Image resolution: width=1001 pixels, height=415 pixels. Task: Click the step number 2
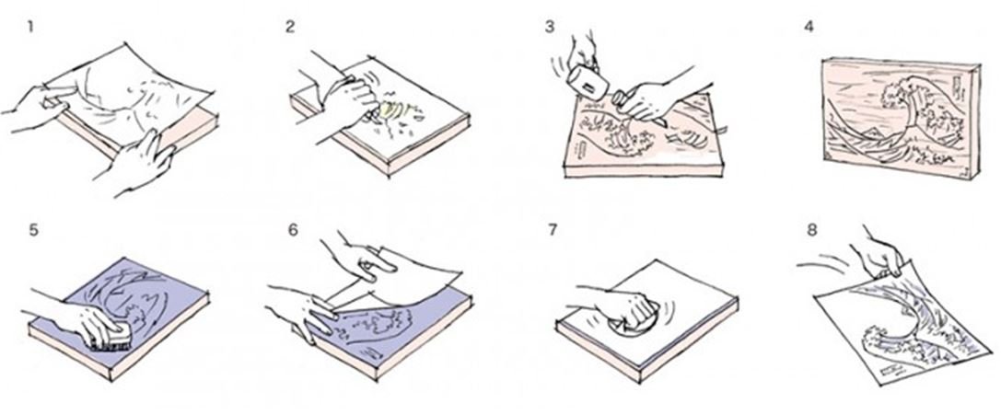(290, 28)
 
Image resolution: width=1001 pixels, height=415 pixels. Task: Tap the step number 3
(551, 28)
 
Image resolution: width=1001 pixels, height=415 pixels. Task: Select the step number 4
(809, 28)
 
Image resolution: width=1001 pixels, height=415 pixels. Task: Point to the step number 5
(34, 230)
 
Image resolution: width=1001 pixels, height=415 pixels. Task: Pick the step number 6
(293, 230)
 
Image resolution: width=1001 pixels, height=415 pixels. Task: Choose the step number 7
(553, 230)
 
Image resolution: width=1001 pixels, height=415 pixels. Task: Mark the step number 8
(811, 230)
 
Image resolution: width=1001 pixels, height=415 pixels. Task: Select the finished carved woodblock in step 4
(900, 116)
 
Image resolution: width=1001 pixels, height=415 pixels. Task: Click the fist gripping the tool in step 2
(352, 102)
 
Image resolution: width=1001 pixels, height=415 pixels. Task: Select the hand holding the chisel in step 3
(644, 99)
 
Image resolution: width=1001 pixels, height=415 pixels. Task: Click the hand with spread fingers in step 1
(137, 164)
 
